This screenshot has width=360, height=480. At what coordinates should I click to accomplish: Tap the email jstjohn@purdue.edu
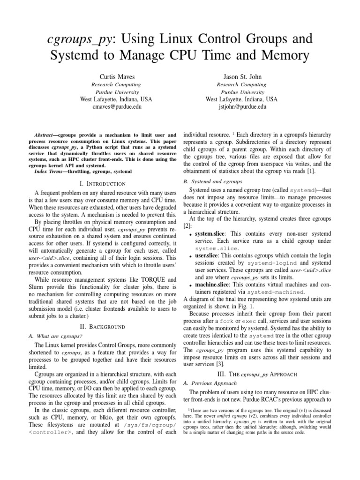241,107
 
